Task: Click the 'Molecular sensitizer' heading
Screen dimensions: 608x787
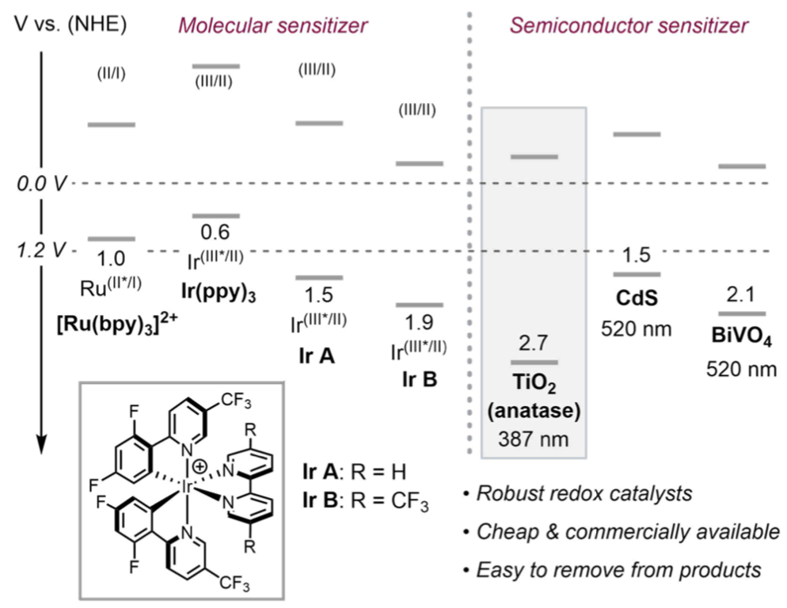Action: coord(272,25)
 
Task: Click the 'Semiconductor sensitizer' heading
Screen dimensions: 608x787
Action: coord(629,25)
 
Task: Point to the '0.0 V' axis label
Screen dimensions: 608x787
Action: coord(44,184)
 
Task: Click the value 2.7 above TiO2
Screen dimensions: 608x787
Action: coord(532,345)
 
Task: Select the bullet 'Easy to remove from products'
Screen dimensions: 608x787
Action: coord(615,568)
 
